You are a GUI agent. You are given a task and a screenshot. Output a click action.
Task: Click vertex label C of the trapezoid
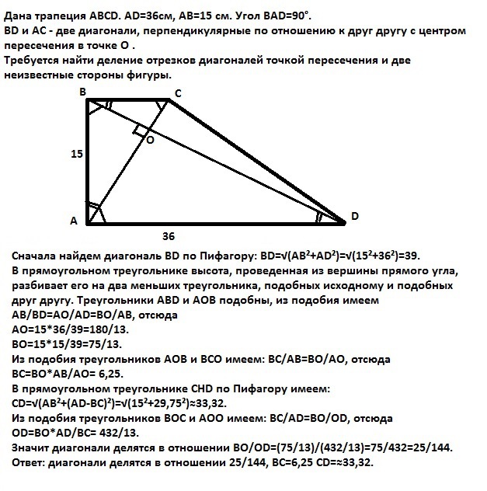coord(178,94)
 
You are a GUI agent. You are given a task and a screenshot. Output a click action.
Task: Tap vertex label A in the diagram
coord(74,221)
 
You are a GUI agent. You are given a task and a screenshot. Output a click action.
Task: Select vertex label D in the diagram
coord(354,217)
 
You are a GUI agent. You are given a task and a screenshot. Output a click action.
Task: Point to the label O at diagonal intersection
coord(149,141)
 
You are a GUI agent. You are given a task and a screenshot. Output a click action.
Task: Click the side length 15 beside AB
coord(76,155)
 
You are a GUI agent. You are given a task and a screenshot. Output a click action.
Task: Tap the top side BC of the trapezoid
coord(128,100)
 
